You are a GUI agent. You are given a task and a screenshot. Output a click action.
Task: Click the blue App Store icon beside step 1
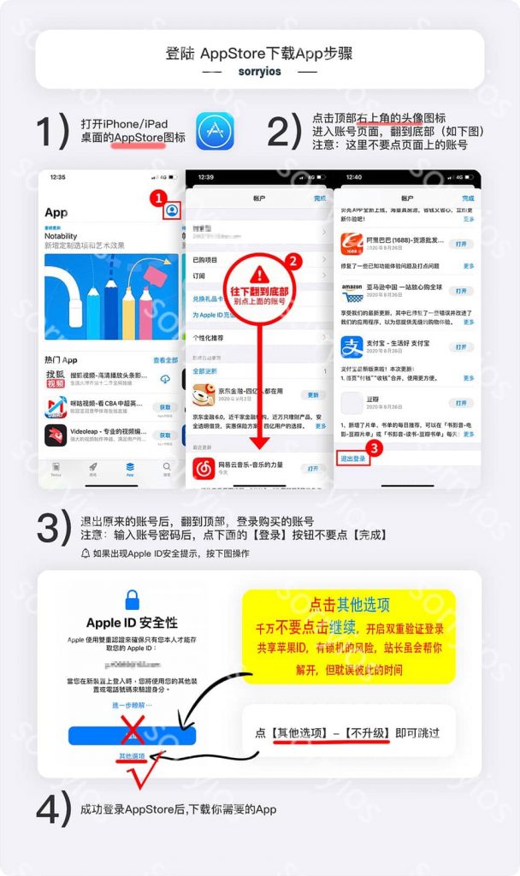pyautogui.click(x=215, y=130)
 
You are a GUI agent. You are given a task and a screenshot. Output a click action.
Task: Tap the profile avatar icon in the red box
pyautogui.click(x=172, y=210)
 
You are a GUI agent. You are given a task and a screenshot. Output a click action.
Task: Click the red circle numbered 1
pyautogui.click(x=157, y=198)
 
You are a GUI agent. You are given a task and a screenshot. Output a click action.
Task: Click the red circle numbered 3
pyautogui.click(x=372, y=446)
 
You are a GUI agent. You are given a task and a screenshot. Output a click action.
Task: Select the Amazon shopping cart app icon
pyautogui.click(x=353, y=294)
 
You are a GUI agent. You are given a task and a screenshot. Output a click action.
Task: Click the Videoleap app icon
pyautogui.click(x=56, y=435)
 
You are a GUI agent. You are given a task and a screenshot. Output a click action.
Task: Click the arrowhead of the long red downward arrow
pyautogui.click(x=260, y=444)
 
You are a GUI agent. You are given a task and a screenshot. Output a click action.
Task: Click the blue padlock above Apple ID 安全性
pyautogui.click(x=132, y=599)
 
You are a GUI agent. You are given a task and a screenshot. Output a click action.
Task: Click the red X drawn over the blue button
pyautogui.click(x=132, y=734)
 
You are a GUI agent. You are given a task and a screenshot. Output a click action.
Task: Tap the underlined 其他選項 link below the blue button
pyautogui.click(x=132, y=756)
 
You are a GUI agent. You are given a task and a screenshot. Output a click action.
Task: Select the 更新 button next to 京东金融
pyautogui.click(x=314, y=395)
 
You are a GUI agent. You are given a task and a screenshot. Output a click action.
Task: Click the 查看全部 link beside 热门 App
pyautogui.click(x=165, y=360)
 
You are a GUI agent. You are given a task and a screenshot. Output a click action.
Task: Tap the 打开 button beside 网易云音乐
pyautogui.click(x=313, y=469)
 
